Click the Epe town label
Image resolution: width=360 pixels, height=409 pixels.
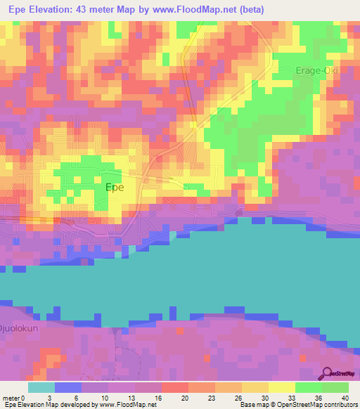pyautogui.click(x=115, y=188)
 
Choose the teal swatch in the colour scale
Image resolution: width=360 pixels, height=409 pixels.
pyautogui.click(x=41, y=387)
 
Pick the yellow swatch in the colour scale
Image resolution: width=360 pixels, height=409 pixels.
pyautogui.click(x=282, y=387)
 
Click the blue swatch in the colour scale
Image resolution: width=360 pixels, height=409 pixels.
pyautogui.click(x=67, y=387)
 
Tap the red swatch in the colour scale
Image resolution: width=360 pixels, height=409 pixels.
pyautogui.click(x=174, y=387)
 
